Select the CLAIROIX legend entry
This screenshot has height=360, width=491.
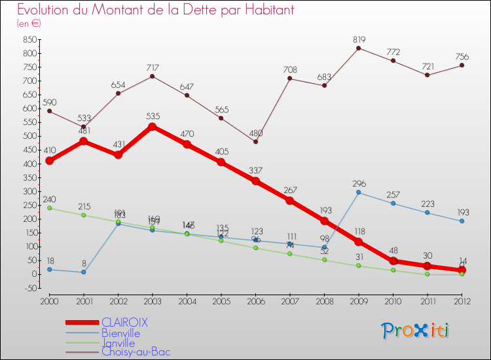[124, 322]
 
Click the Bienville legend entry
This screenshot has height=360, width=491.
[120, 333]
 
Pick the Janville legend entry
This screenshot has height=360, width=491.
[118, 343]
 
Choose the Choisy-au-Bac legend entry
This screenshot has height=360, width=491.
[136, 352]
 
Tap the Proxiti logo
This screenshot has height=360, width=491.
[416, 331]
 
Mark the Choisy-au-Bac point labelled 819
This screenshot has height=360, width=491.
[358, 48]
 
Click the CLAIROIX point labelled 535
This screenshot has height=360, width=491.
[152, 126]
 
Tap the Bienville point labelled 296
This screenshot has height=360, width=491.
[358, 192]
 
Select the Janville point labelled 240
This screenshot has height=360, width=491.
[49, 208]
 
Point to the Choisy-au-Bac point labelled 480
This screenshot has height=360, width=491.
[255, 141]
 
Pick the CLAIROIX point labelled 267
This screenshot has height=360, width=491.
[289, 200]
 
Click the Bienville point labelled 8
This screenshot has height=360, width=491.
[83, 272]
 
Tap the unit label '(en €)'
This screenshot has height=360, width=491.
[29, 23]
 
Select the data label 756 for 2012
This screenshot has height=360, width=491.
[462, 56]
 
